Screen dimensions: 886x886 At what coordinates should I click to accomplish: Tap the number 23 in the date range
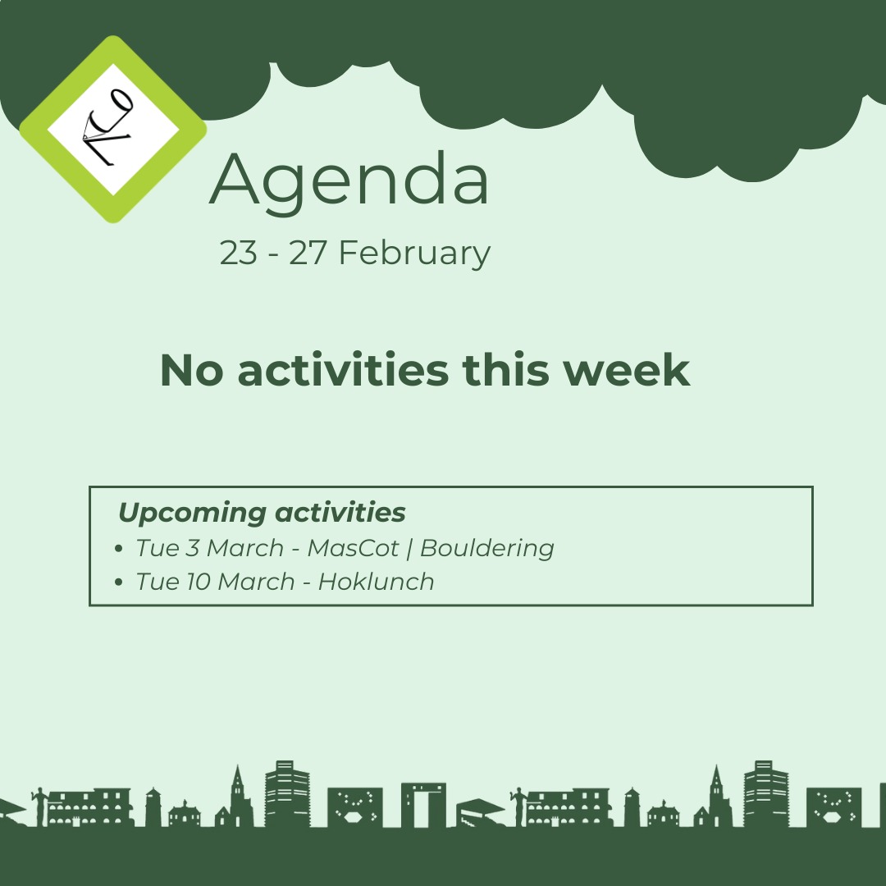tap(238, 253)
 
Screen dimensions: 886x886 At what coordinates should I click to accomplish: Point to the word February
tap(414, 253)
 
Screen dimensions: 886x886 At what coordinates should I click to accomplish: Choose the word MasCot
tap(351, 547)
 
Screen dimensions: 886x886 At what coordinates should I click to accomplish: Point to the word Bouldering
tap(487, 547)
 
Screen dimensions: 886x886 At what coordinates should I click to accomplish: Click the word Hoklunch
tap(376, 582)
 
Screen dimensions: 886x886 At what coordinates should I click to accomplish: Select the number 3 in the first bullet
tap(192, 547)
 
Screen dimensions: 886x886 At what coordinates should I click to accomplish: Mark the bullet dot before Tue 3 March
tap(120, 548)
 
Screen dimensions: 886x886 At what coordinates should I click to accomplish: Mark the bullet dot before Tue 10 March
tap(120, 582)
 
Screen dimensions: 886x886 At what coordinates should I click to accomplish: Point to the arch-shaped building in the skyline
tap(423, 804)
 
